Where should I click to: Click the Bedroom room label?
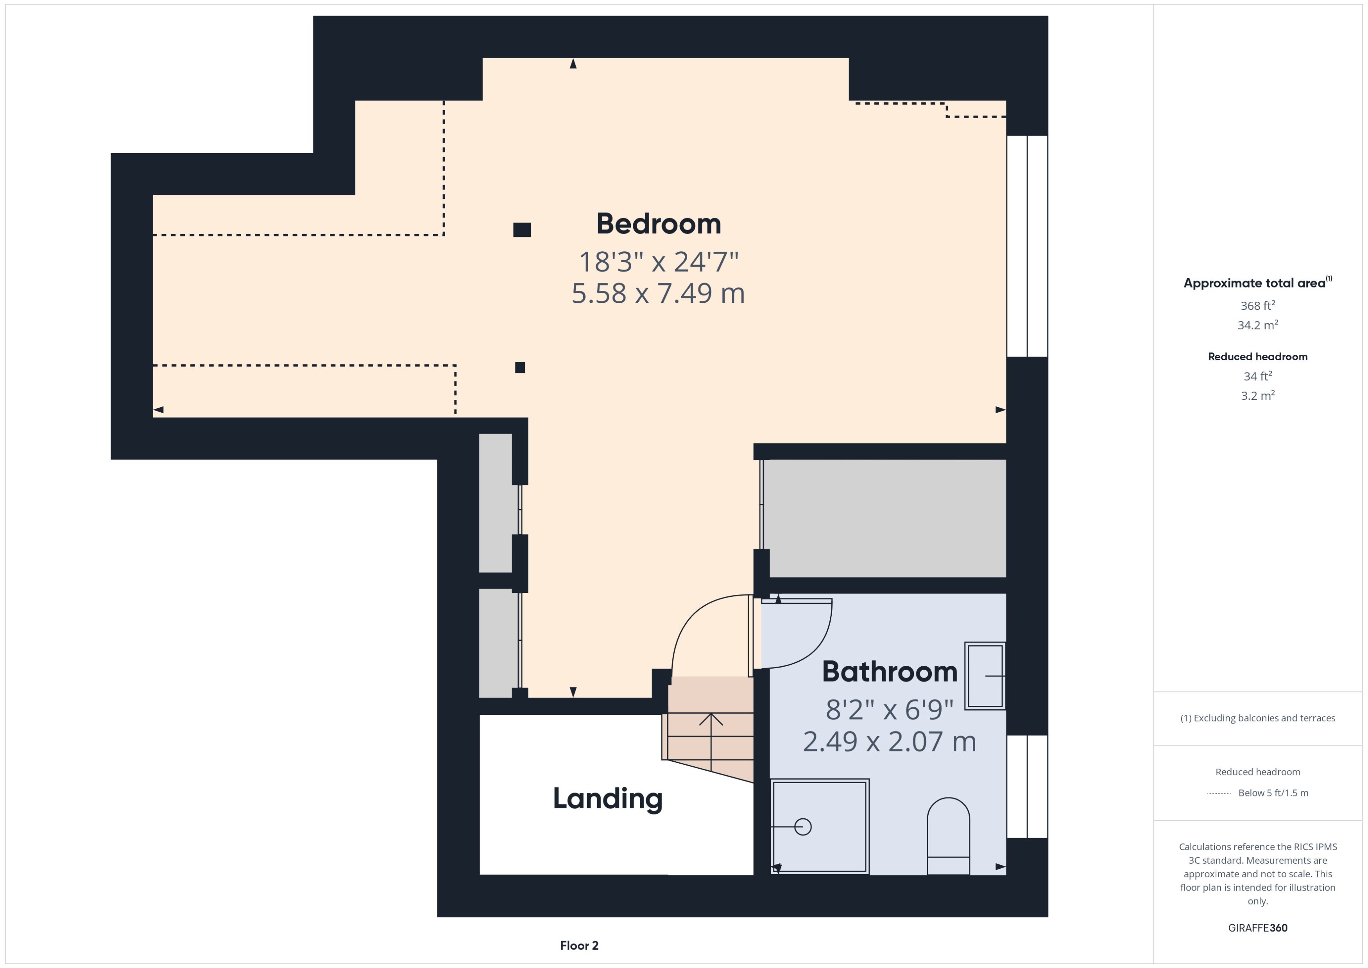click(x=658, y=224)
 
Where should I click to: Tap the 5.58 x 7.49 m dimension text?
click(x=658, y=293)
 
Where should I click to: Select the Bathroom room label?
click(x=889, y=672)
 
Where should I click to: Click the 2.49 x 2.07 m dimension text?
click(x=889, y=741)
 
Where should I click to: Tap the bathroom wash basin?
click(x=985, y=675)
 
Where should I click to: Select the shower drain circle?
click(x=803, y=827)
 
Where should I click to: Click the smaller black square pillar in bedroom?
click(x=520, y=367)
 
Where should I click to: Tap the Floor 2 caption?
click(x=579, y=945)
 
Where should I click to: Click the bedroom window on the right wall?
click(x=1027, y=246)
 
